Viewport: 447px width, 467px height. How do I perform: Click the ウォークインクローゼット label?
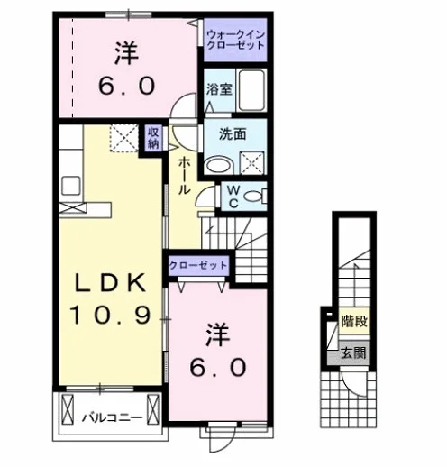(236, 40)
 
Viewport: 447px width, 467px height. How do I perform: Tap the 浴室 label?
(219, 89)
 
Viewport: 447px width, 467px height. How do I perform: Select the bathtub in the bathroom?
(251, 90)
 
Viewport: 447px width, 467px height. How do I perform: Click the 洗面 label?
(233, 134)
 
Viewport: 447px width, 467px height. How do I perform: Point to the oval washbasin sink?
(219, 166)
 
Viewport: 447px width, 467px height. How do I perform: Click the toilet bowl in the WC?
(252, 197)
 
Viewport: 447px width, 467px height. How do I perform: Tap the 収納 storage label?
(153, 138)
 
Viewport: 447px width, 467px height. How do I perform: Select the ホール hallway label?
(184, 176)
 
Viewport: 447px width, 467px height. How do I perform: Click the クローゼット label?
(198, 265)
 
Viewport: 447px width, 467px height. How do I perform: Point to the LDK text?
(110, 283)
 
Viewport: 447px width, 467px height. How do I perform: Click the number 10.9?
(110, 315)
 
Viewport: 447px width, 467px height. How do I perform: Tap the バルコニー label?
(113, 417)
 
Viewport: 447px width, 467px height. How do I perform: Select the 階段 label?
(354, 321)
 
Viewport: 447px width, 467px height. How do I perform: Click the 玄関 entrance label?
(354, 353)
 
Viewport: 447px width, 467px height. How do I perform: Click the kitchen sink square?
(71, 186)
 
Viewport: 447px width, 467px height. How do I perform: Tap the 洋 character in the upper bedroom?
(126, 53)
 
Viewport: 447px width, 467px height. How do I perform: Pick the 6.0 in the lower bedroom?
(218, 367)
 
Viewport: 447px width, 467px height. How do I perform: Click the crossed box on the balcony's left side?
(68, 409)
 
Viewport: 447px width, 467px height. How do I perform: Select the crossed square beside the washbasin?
(252, 163)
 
